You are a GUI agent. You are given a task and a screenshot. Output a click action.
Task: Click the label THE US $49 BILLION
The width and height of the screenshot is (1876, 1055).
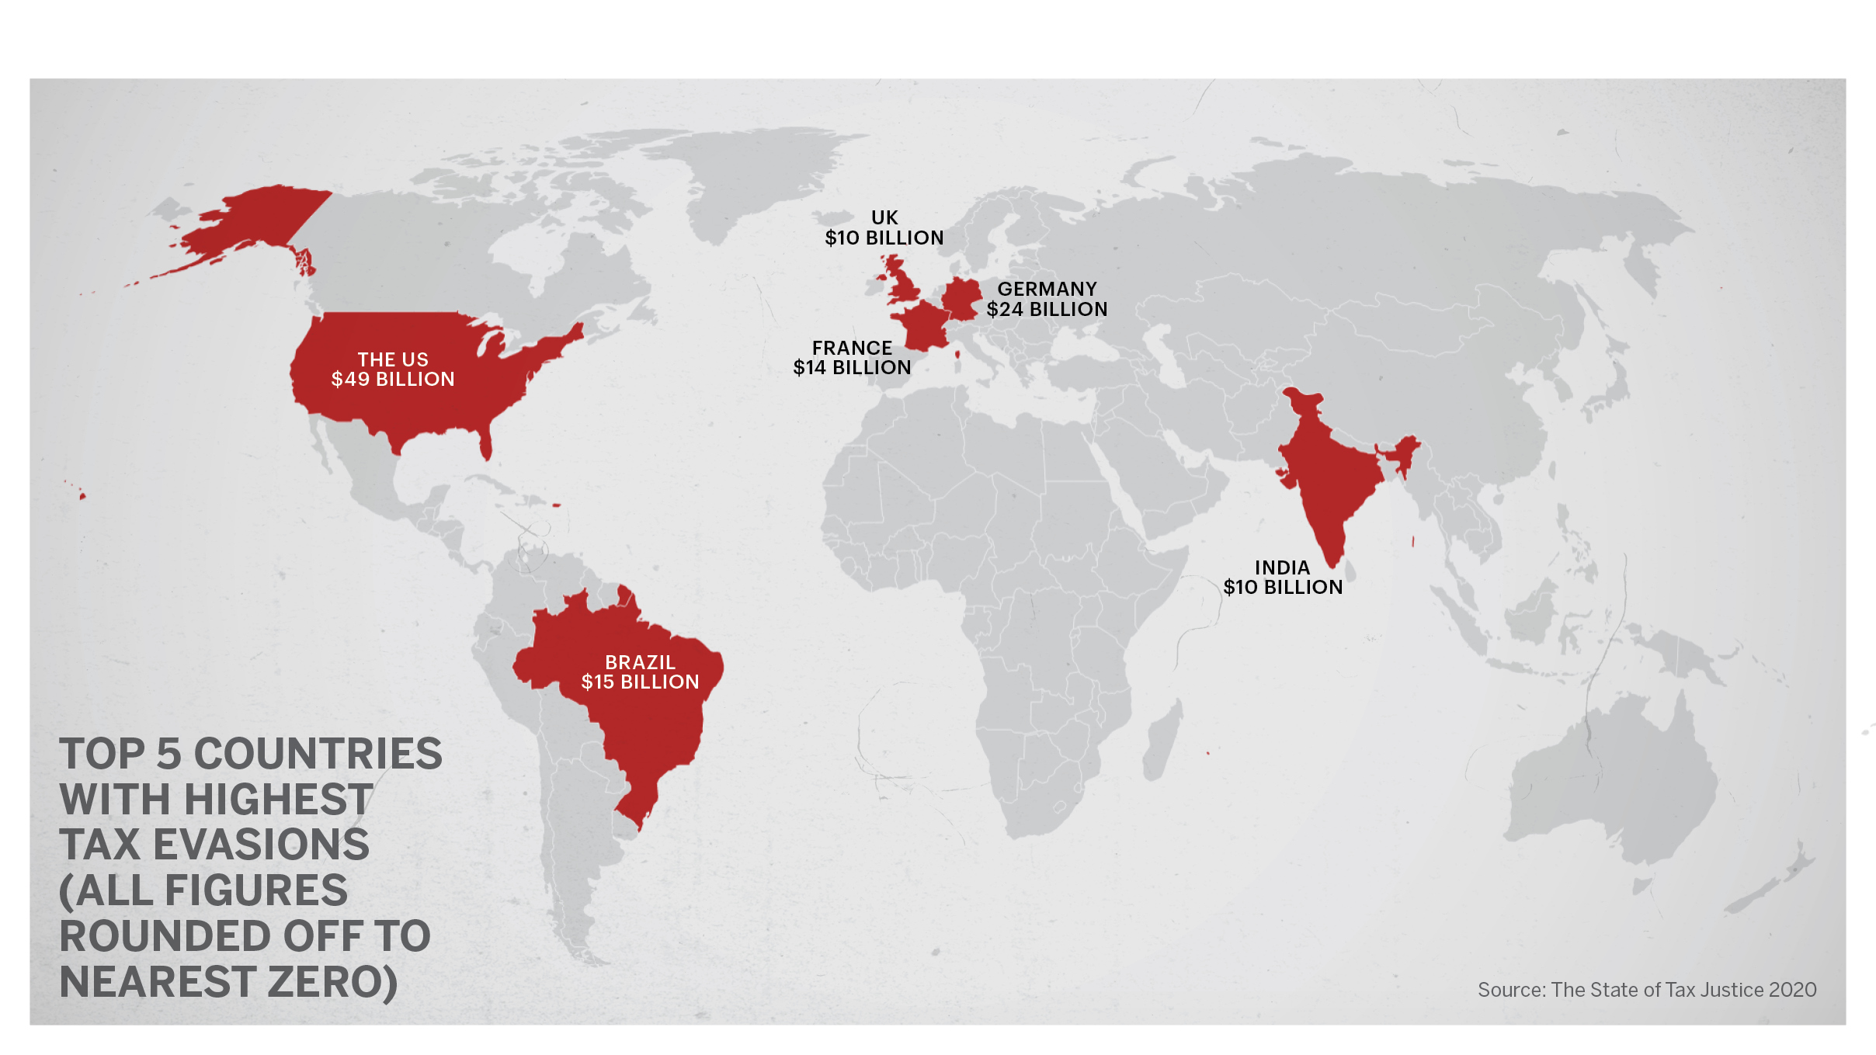(393, 370)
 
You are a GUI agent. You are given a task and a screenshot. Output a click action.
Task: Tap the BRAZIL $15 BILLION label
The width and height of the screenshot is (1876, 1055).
(641, 672)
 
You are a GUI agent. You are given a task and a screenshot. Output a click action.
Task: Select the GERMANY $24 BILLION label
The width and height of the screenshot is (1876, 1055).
(1047, 299)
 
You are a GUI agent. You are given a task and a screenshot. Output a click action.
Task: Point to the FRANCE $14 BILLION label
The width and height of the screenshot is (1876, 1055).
(852, 358)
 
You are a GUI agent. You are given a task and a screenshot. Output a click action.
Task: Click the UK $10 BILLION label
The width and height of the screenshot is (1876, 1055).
(884, 228)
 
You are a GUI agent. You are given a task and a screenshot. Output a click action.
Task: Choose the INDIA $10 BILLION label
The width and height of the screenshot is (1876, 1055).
(1283, 578)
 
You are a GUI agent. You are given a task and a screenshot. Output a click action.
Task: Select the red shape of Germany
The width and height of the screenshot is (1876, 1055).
(961, 299)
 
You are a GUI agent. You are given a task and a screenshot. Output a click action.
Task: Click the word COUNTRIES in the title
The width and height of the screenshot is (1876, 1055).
(318, 754)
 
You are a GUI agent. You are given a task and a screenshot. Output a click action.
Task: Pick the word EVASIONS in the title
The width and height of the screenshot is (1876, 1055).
(261, 845)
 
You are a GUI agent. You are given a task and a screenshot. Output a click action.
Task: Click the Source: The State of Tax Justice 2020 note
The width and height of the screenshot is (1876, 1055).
(1646, 990)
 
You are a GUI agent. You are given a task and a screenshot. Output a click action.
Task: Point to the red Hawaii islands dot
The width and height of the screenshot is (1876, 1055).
(82, 495)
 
